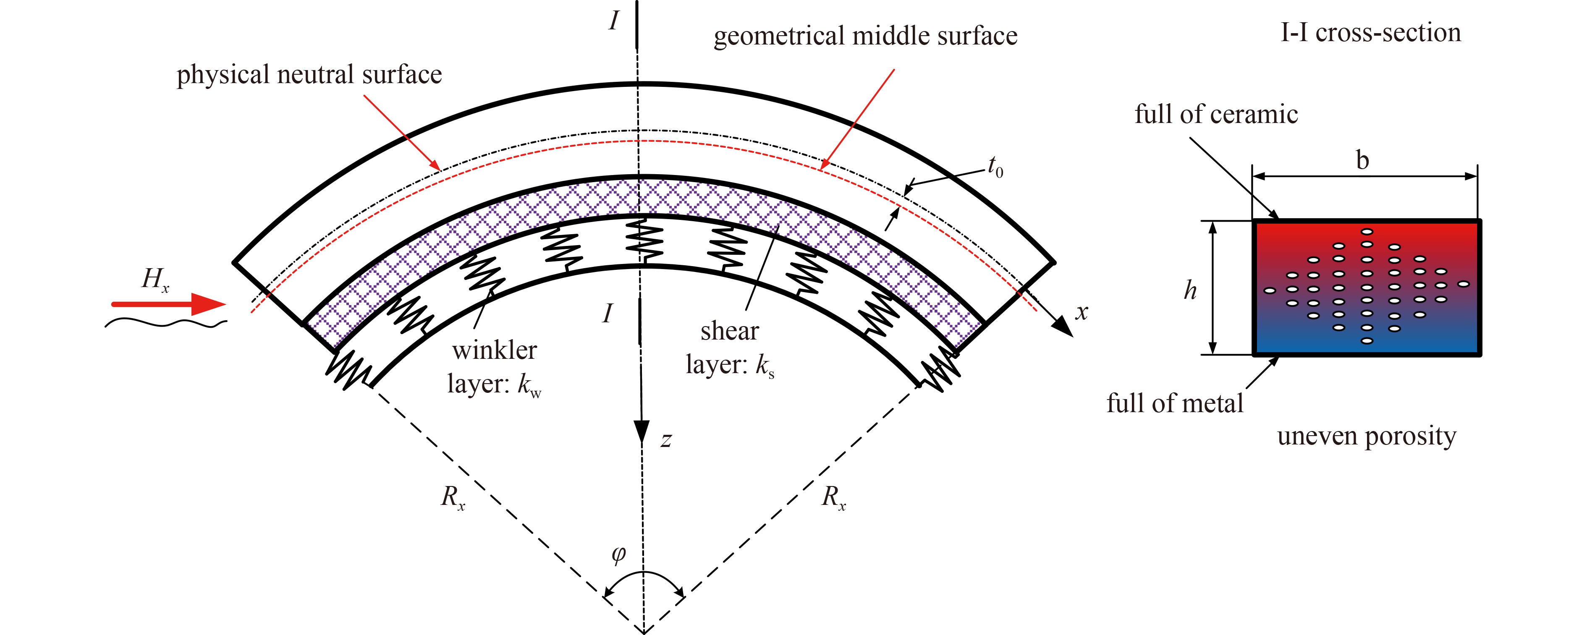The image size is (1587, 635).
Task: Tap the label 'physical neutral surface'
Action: (x=309, y=75)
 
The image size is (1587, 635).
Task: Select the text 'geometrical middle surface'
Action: (x=866, y=36)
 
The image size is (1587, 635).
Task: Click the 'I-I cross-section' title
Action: (x=1371, y=32)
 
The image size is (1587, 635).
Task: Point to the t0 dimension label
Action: (x=995, y=166)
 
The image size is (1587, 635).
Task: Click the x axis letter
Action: (x=1082, y=312)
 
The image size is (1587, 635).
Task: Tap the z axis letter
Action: (x=666, y=440)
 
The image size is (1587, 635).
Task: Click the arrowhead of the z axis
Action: (x=642, y=432)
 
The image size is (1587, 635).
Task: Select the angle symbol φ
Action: (x=618, y=555)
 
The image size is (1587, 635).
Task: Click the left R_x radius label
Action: (x=453, y=497)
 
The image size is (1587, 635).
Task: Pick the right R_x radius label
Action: (x=833, y=497)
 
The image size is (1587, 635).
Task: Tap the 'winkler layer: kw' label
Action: (x=495, y=368)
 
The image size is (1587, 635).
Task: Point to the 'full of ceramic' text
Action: (x=1216, y=115)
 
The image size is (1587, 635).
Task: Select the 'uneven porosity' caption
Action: (x=1367, y=436)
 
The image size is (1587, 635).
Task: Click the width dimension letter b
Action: (x=1363, y=160)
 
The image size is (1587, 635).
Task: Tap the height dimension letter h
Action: (x=1190, y=290)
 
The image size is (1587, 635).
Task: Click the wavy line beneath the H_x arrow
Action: (x=166, y=322)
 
